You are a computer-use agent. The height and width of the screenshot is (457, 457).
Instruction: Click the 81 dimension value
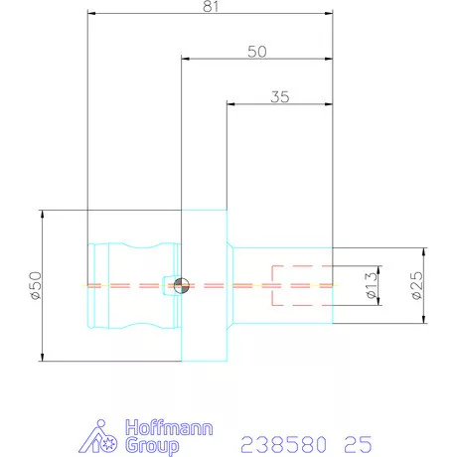pos(211,6)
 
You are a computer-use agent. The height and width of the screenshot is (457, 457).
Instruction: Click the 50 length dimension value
pos(257,52)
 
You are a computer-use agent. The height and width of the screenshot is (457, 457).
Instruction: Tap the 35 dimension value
pos(280,97)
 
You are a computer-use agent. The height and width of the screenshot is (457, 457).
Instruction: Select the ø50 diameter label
pos(36,285)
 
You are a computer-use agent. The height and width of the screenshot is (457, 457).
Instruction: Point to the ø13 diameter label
pos(372,285)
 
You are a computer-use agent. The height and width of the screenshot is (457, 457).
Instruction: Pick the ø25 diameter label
pos(417,285)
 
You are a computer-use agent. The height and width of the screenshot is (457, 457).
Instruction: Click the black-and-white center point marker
pos(182,286)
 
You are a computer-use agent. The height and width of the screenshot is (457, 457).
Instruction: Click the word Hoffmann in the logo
pos(169,427)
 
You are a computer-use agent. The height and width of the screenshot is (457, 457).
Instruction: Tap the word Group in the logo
pos(152,446)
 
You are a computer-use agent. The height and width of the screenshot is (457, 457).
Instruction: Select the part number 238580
pos(283,444)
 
